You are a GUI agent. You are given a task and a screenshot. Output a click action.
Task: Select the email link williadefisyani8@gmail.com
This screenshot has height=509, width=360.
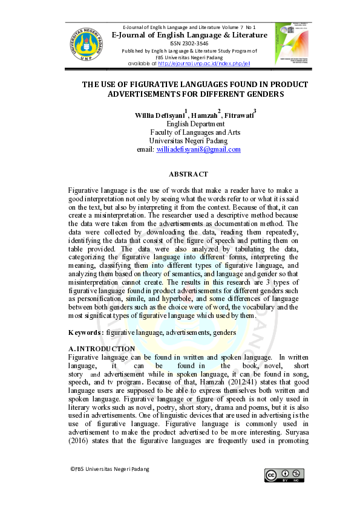coord(198,149)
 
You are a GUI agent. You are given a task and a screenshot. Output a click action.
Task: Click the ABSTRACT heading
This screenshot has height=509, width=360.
coord(188,174)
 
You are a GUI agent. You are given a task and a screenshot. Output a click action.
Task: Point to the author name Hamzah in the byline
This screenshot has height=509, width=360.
coord(205,116)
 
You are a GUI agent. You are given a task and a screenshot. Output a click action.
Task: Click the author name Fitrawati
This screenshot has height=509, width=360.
coord(239,116)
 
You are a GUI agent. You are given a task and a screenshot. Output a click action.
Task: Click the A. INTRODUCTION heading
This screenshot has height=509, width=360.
coord(102,349)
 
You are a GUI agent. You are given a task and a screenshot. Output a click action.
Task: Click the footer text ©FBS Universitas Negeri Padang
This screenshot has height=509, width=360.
coord(109,469)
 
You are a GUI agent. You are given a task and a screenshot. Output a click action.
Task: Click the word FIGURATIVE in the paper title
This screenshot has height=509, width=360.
coord(155,84)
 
